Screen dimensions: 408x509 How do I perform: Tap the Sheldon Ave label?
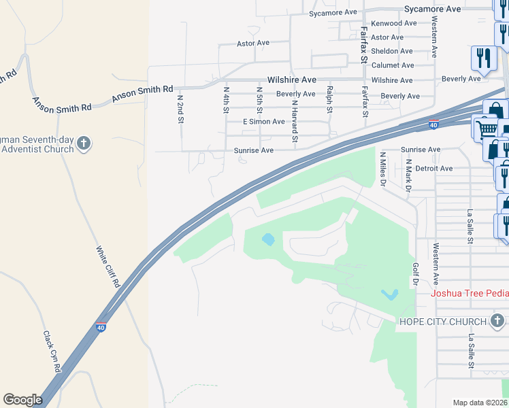tap(392, 51)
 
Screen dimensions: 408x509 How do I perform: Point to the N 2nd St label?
tap(180, 108)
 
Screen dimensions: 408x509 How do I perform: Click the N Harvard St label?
tap(295, 122)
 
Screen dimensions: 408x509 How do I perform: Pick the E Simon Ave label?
tap(264, 122)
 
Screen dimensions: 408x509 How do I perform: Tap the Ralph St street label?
tap(329, 99)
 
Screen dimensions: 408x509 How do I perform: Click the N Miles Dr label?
tap(382, 169)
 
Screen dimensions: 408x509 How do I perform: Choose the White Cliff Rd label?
tap(108, 266)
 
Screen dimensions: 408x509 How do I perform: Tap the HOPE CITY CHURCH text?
tap(443, 322)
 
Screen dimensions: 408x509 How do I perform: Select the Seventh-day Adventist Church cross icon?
tap(84, 143)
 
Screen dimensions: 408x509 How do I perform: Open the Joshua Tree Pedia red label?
tap(470, 293)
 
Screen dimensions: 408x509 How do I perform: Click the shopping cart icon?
tap(485, 128)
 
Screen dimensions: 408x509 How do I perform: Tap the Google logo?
tap(22, 400)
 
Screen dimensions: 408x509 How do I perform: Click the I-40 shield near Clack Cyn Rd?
tap(101, 327)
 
